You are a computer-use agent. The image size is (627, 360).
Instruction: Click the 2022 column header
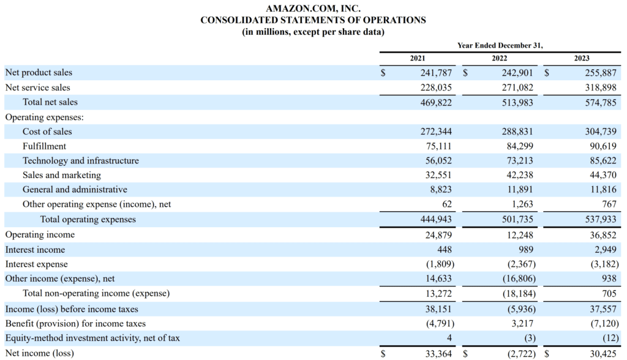[500, 58]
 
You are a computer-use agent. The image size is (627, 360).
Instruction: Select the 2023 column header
[582, 58]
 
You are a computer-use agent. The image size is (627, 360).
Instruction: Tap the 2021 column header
[418, 58]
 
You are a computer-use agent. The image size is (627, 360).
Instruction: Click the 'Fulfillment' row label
[44, 146]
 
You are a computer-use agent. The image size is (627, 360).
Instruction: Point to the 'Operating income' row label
[40, 234]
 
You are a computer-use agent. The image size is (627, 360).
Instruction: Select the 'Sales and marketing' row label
[62, 176]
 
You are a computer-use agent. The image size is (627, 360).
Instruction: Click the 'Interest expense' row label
[37, 264]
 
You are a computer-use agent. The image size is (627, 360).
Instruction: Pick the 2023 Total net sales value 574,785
[600, 102]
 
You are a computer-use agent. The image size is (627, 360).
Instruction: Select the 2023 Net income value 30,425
[603, 353]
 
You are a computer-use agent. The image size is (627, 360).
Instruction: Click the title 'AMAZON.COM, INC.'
[313, 9]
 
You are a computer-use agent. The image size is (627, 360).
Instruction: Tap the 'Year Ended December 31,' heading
[500, 45]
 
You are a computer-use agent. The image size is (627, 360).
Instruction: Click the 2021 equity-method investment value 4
[449, 338]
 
